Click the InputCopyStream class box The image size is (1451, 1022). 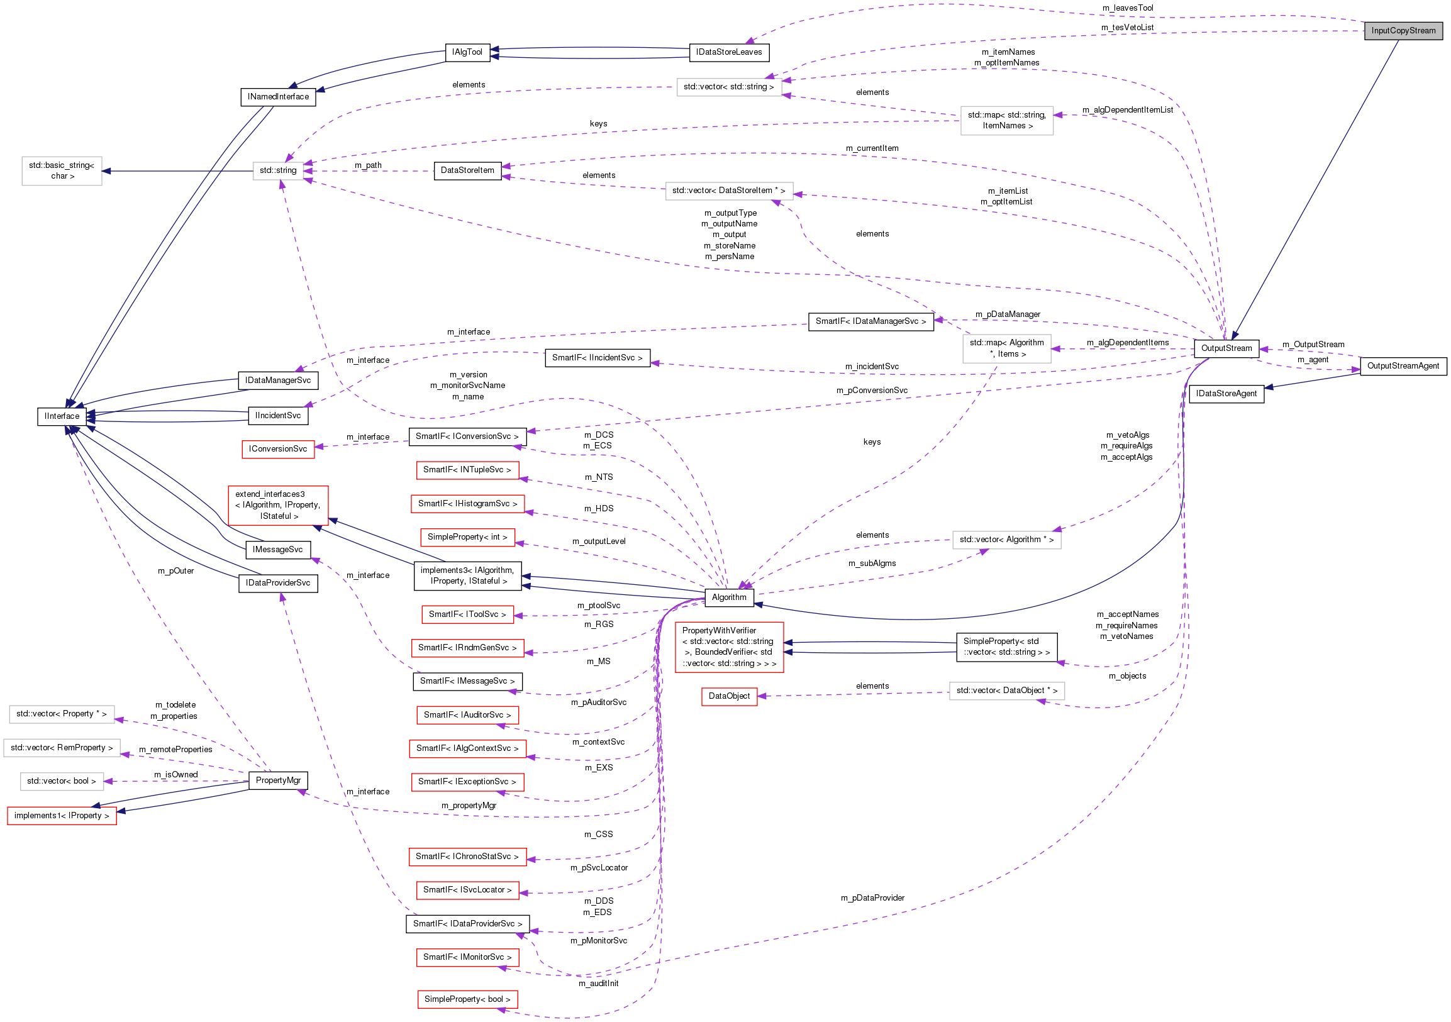(1403, 30)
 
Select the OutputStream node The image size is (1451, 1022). (1225, 348)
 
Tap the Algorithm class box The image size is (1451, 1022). (729, 597)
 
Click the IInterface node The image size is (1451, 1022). (62, 416)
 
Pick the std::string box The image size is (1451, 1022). (277, 170)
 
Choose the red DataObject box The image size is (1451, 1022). (729, 696)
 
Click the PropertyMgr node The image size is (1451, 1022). (277, 780)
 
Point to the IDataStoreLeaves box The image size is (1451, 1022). (729, 52)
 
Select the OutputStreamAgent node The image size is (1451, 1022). (1403, 366)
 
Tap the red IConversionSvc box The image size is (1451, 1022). (277, 449)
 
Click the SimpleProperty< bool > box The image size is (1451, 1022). (467, 999)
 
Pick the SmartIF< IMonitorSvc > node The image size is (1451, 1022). (467, 957)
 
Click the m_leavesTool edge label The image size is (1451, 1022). (1128, 8)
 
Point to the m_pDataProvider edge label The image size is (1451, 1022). (872, 897)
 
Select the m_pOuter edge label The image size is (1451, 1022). (175, 570)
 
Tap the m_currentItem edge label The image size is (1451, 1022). (872, 148)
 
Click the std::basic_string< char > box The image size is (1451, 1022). (62, 170)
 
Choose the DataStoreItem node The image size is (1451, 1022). (467, 170)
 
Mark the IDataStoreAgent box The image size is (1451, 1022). (1225, 394)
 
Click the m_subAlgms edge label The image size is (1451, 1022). (872, 563)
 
